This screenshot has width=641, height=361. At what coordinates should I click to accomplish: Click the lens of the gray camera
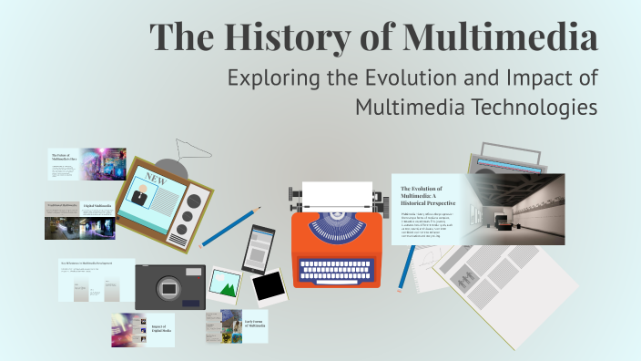click(169, 288)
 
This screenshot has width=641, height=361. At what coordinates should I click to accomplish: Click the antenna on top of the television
click(187, 148)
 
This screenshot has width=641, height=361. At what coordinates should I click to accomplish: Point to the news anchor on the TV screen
click(139, 194)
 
